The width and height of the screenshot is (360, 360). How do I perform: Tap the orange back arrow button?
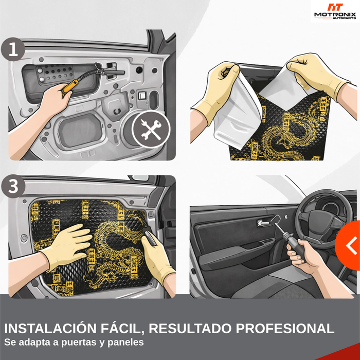tap(349, 245)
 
